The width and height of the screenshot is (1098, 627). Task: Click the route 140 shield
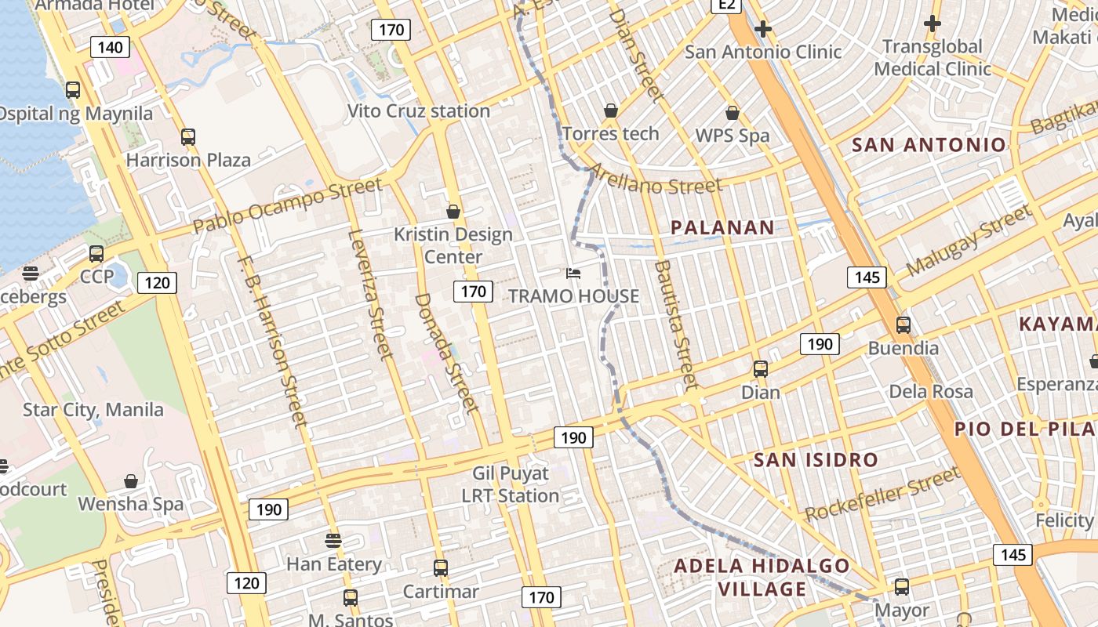[x=110, y=47]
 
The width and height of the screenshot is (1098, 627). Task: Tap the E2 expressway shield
[x=727, y=5]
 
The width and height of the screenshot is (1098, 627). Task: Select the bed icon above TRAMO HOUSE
[x=574, y=273]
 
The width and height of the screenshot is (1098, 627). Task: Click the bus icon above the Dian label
[x=760, y=369]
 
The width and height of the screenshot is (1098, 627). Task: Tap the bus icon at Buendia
[x=903, y=324]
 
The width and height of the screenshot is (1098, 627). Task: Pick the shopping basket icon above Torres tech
[x=610, y=111]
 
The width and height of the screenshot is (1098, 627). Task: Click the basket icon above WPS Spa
[x=732, y=113]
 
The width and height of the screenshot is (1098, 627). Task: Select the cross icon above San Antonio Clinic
[x=762, y=30]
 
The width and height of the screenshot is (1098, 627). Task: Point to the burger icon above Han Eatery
[x=333, y=540]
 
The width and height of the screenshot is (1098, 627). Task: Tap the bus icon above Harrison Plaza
[x=188, y=137]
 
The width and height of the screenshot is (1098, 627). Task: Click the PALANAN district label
[x=722, y=227]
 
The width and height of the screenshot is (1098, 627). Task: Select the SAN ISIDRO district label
[x=816, y=459]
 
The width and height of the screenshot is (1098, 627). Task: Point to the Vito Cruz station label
[x=419, y=111]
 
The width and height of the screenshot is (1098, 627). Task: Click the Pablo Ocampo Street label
[x=288, y=205]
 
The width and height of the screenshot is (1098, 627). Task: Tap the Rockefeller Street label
[x=882, y=494]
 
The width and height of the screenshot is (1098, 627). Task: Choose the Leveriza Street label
[x=369, y=294]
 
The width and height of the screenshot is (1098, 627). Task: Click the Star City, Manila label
[x=93, y=409]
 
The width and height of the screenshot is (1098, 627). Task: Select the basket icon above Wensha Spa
[x=131, y=481]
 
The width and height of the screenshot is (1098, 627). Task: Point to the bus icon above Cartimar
[x=441, y=568]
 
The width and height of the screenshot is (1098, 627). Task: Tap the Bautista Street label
[x=674, y=325]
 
